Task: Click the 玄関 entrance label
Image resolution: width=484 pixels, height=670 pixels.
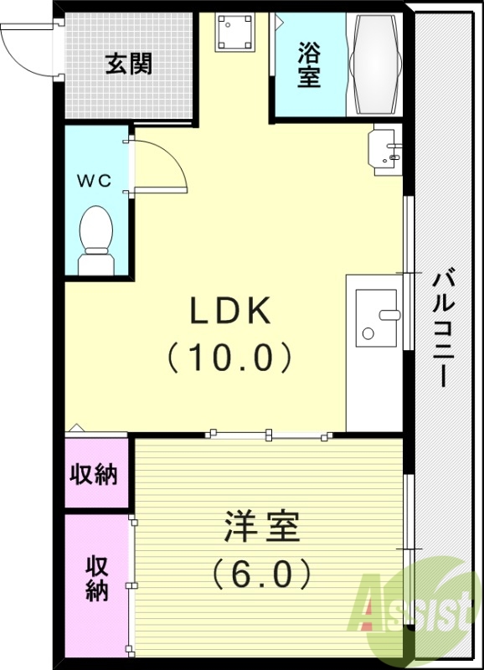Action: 128,64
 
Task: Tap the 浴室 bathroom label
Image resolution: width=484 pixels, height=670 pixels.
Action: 309,64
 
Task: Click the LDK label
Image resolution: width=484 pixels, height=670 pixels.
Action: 230,312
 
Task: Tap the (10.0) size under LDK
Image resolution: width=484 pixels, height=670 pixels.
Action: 230,358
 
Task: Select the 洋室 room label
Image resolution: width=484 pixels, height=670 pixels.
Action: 262,528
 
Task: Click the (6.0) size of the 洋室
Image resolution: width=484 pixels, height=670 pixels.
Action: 262,575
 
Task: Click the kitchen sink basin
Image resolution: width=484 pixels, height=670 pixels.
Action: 378,316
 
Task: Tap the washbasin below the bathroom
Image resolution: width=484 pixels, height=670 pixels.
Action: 386,150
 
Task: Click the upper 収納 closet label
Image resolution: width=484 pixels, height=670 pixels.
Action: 93,476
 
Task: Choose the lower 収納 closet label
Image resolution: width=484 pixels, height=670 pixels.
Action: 96,579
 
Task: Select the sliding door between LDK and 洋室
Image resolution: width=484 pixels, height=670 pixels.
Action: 268,435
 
